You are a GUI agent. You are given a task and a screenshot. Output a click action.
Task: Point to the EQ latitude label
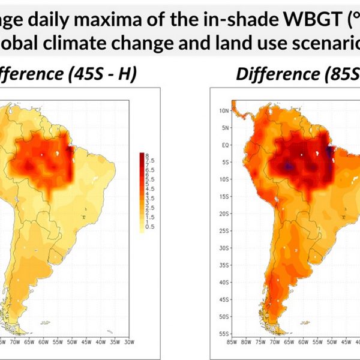224,145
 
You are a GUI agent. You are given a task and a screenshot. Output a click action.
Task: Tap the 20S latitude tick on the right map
224,214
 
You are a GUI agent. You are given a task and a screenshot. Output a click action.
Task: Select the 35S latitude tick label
224,265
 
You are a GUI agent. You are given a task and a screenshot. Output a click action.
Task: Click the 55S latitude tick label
224,333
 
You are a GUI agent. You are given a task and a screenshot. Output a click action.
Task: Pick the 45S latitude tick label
224,299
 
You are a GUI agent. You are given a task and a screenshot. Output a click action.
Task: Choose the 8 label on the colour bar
146,155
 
